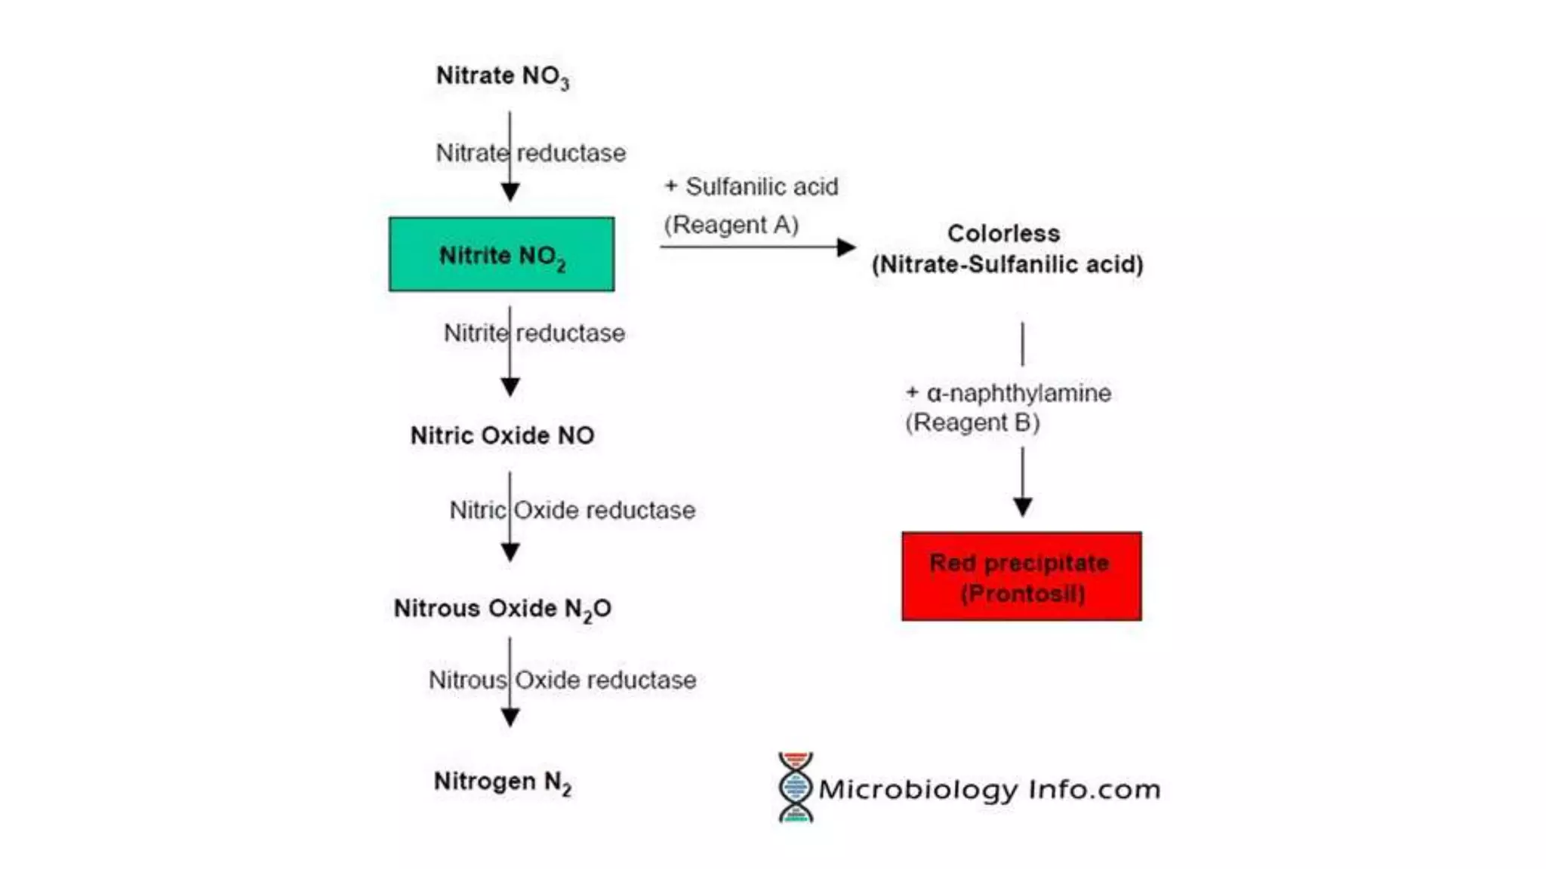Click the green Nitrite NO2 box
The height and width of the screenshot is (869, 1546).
(501, 254)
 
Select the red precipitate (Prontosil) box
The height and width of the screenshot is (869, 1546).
(1021, 576)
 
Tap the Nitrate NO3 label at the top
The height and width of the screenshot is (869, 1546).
(502, 76)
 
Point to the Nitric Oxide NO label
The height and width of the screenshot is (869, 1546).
(502, 435)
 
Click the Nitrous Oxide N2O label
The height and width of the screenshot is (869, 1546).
(502, 609)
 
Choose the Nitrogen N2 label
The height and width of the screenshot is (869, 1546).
(502, 782)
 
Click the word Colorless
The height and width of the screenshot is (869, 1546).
(1003, 233)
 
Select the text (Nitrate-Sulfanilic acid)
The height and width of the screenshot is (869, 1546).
(1007, 265)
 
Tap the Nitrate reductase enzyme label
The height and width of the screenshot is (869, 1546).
(531, 153)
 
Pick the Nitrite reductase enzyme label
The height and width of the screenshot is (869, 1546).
(534, 333)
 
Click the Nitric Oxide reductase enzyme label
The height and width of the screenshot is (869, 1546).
(572, 510)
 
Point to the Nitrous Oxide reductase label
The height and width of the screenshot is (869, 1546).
(562, 680)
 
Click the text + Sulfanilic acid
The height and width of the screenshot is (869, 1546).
(751, 186)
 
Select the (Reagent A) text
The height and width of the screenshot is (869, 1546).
(731, 224)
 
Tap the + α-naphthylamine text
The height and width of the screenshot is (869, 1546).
(1008, 393)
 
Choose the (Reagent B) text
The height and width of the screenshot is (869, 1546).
(972, 422)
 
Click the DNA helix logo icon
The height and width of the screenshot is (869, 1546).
(796, 787)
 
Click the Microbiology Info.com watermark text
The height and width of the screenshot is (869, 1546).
(989, 790)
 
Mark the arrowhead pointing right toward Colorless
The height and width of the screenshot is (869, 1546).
(846, 247)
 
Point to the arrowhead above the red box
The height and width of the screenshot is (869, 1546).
(1023, 506)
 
